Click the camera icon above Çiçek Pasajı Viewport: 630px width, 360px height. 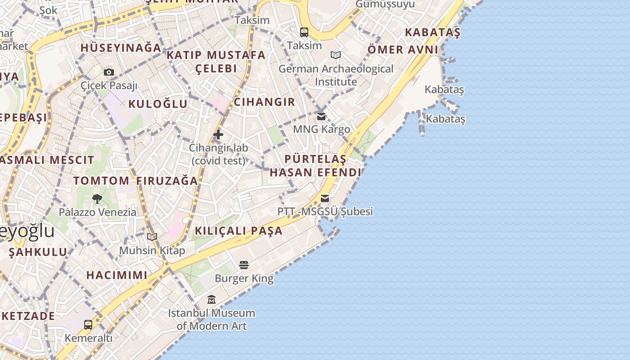click(108, 72)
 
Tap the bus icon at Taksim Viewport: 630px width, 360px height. click(304, 32)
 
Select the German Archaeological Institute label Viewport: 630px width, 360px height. click(336, 75)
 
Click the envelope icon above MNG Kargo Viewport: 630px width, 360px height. click(321, 116)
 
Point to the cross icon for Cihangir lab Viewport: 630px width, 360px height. click(218, 134)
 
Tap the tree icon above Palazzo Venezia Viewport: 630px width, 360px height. click(97, 198)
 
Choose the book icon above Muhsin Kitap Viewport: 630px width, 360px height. click(152, 237)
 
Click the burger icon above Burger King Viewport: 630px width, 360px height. click(244, 265)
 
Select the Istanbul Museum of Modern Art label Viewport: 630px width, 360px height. click(211, 319)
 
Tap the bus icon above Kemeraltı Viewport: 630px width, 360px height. click(88, 324)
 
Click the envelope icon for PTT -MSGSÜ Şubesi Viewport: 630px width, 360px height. click(324, 198)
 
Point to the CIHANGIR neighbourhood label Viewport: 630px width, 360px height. click(265, 102)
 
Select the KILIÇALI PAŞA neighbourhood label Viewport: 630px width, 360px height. click(238, 231)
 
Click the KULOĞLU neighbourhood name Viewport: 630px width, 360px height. click(158, 104)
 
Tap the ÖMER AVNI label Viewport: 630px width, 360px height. click(403, 49)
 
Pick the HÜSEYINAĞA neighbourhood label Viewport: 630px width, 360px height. click(121, 48)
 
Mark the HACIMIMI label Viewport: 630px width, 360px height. click(117, 275)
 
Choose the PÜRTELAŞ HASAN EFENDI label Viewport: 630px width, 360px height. click(315, 166)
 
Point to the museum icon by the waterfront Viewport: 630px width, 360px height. click(211, 299)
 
